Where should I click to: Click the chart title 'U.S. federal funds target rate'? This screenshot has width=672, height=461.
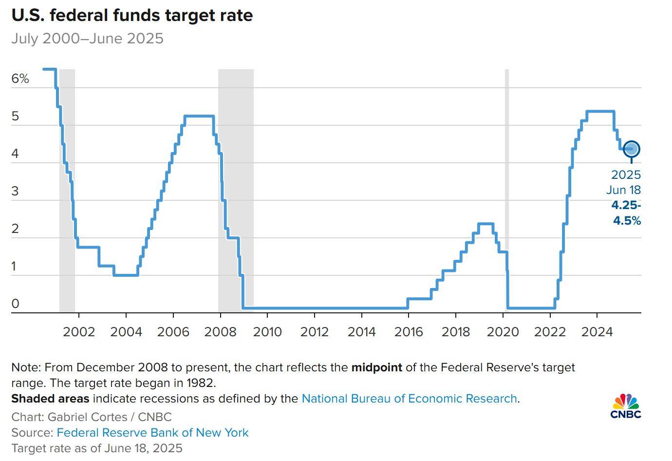[x=132, y=15]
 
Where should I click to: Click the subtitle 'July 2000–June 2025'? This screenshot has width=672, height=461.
[x=87, y=38]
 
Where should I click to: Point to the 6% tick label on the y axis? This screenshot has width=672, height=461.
[x=20, y=78]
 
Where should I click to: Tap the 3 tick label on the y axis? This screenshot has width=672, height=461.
[x=15, y=191]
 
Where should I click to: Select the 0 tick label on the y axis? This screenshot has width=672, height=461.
[x=15, y=304]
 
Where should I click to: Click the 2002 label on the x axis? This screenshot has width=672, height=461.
[x=79, y=332]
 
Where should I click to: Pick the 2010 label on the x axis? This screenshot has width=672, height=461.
[x=267, y=332]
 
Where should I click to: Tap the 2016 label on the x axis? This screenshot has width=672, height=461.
[x=409, y=332]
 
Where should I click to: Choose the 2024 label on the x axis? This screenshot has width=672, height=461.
[x=597, y=332]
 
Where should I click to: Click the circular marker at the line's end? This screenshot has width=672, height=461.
[x=632, y=149]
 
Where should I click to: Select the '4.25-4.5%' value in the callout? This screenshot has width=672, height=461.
[x=626, y=213]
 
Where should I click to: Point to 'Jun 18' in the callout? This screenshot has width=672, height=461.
[x=624, y=190]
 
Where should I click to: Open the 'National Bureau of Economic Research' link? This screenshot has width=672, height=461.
[x=409, y=399]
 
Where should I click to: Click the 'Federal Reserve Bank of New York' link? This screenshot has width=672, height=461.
[x=152, y=433]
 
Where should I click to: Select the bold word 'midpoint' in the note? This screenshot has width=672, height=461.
[x=376, y=367]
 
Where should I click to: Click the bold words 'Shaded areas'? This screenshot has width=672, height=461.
[x=50, y=399]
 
